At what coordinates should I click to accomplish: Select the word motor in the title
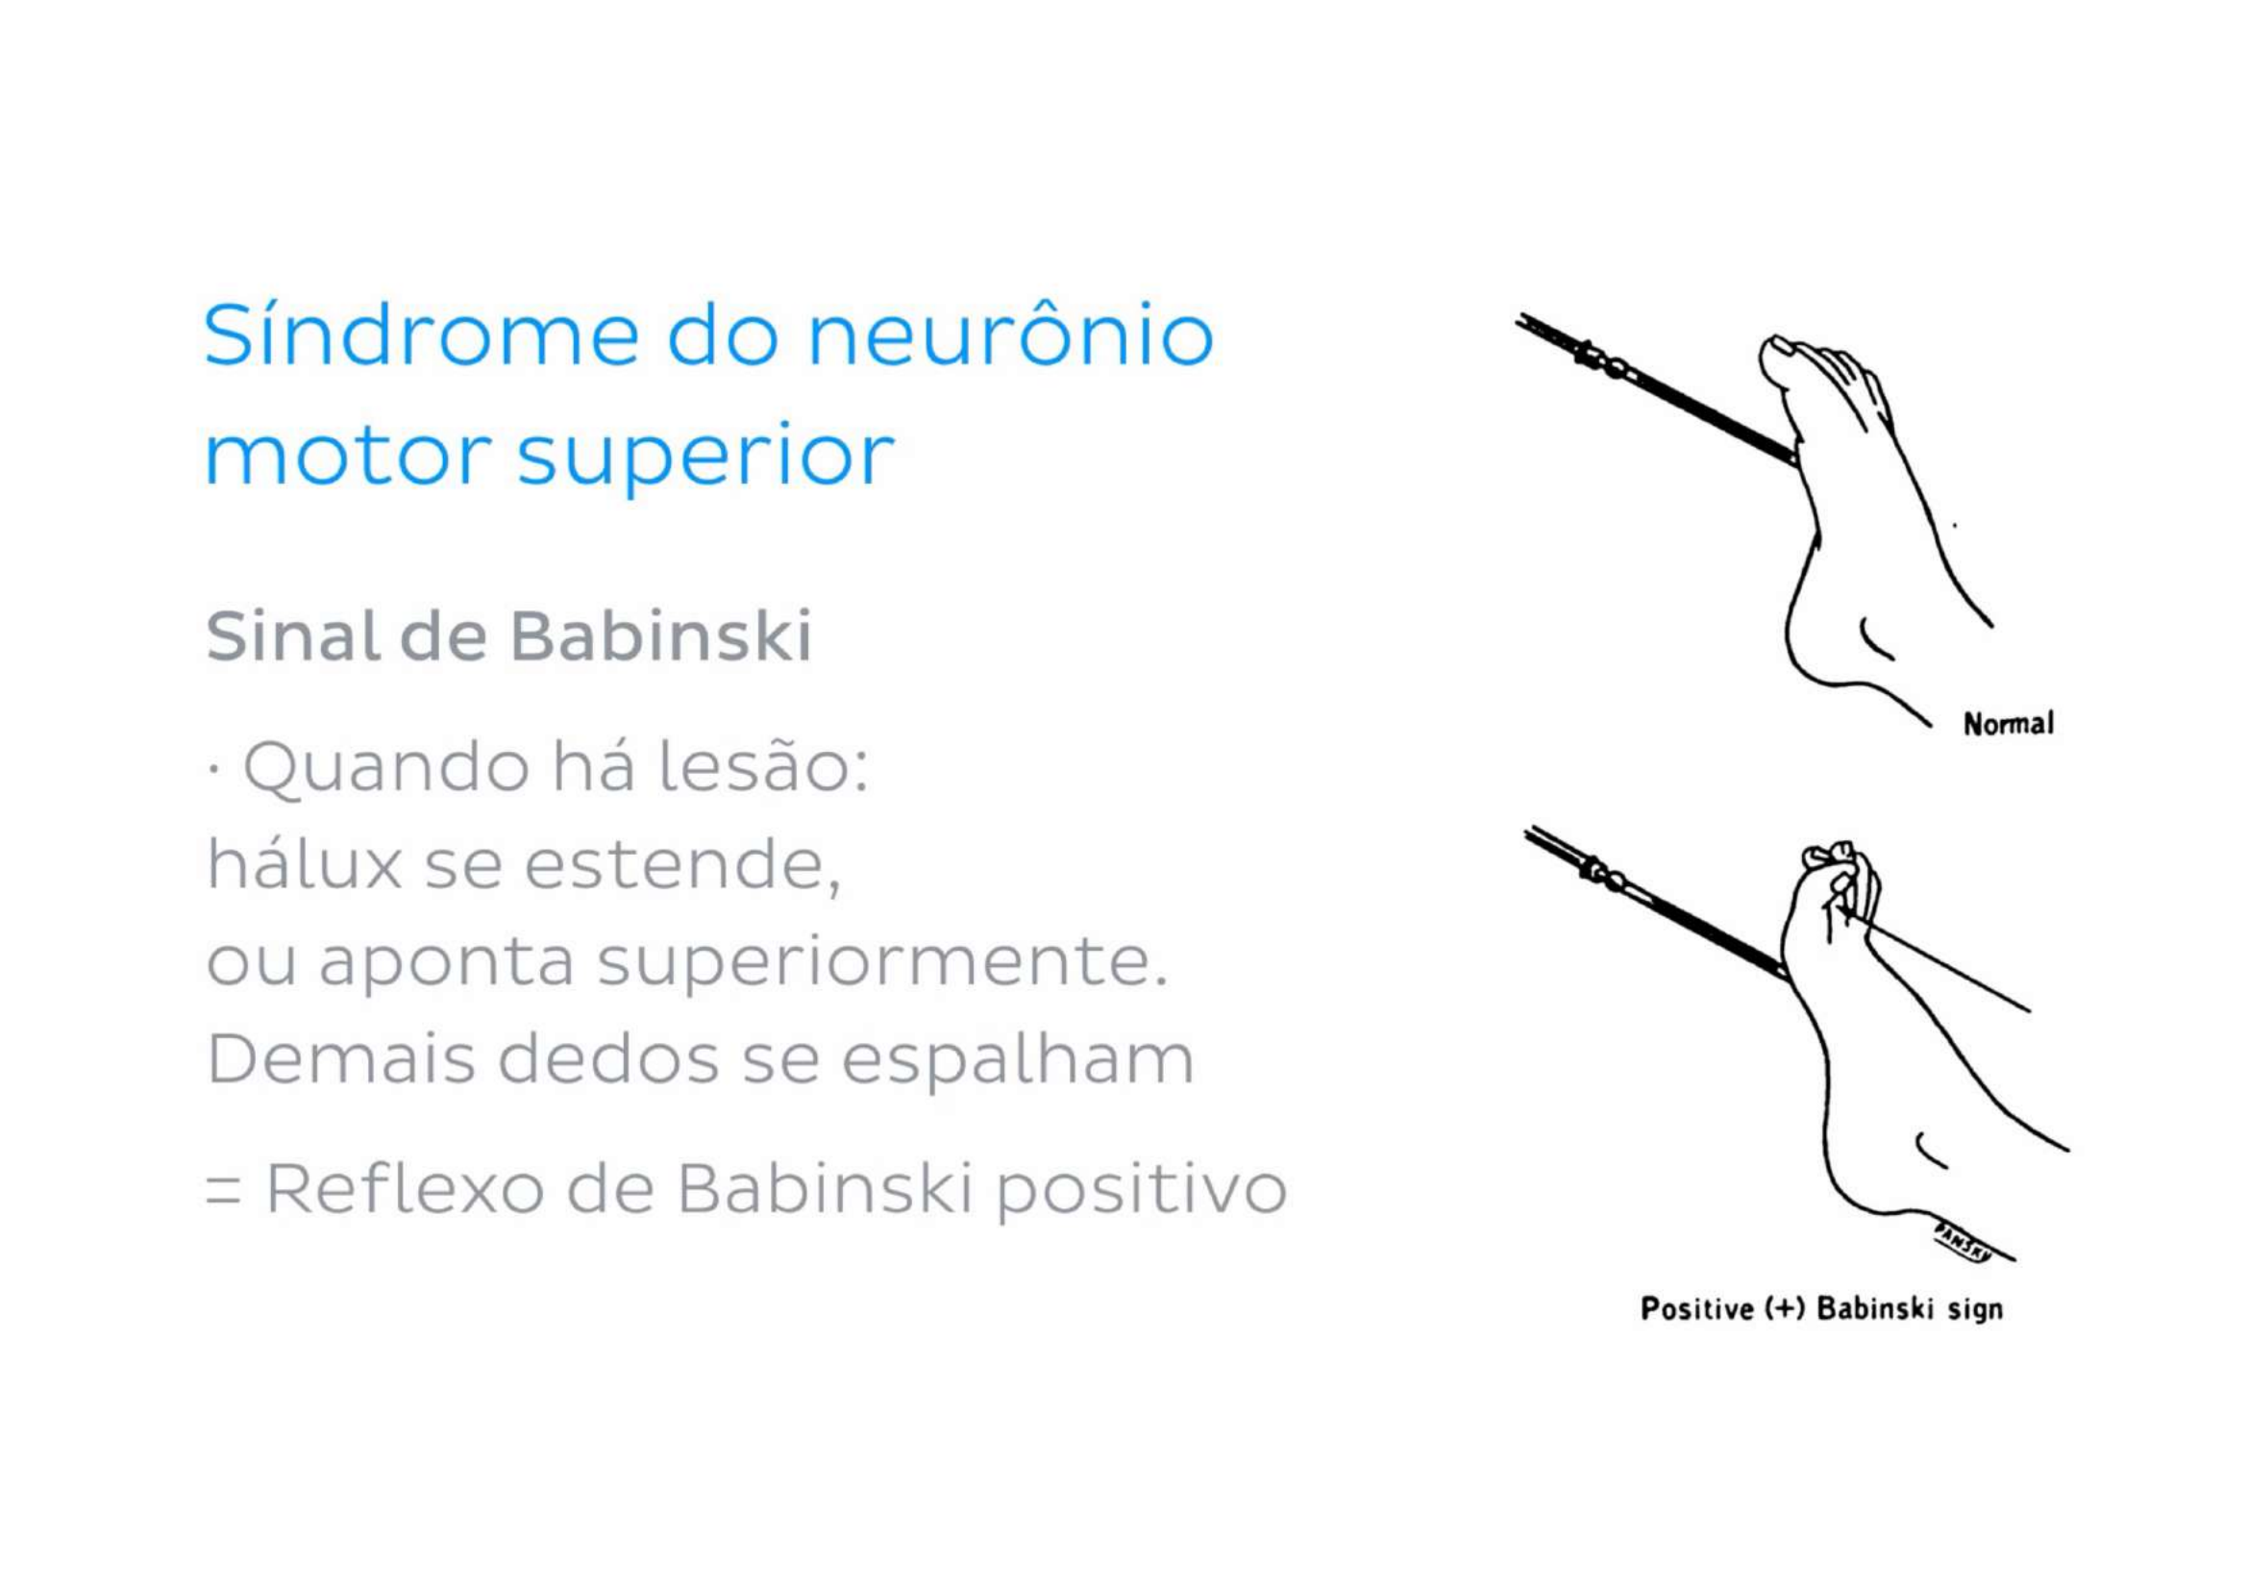coord(348,456)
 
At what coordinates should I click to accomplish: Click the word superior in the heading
coord(704,460)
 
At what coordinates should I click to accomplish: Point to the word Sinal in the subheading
coord(293,635)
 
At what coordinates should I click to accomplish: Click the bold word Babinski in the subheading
coord(661,635)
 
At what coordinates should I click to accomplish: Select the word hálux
coord(305,863)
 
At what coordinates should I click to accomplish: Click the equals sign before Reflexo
coord(223,1191)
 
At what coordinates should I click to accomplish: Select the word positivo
coord(1142,1190)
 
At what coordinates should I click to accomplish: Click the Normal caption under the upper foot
coord(2008,725)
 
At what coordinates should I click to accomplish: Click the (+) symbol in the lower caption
coord(1784,1309)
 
